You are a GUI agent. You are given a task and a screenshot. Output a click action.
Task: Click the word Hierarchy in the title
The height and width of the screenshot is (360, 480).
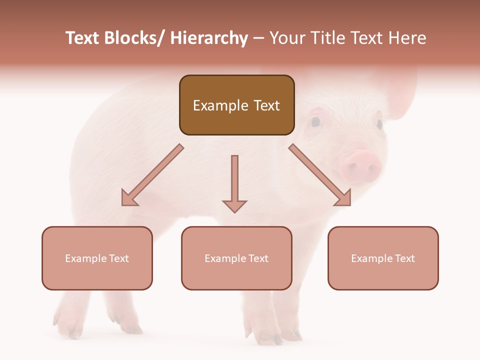click(x=208, y=38)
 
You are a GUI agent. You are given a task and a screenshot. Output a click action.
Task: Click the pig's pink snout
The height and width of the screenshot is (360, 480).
click(x=361, y=165)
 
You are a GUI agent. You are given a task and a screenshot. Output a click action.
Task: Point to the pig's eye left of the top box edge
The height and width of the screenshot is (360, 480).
click(x=315, y=121)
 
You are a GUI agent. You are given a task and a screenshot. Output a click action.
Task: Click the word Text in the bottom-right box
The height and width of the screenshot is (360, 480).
click(x=404, y=258)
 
